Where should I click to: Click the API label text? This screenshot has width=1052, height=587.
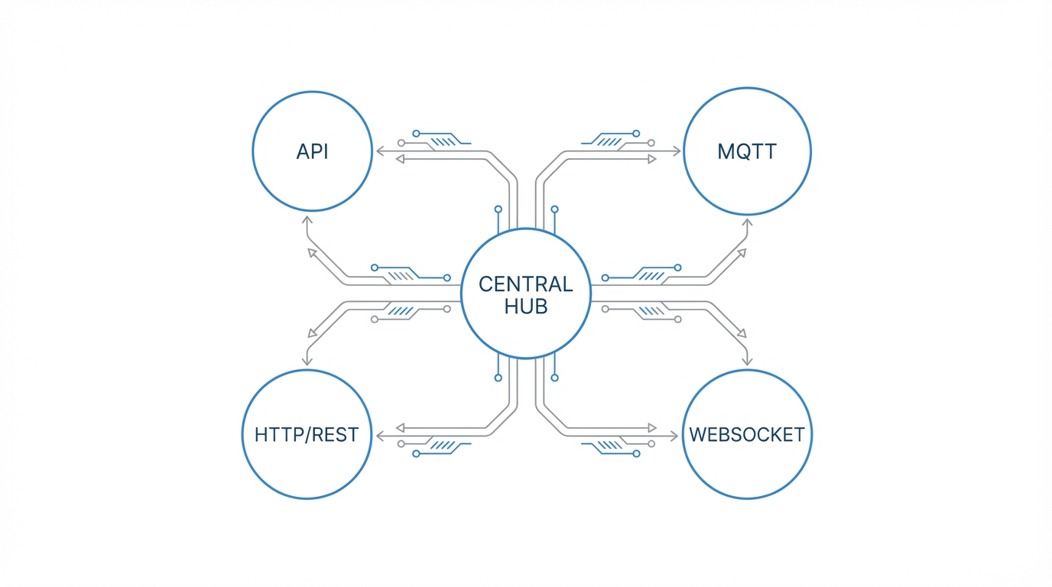click(x=312, y=151)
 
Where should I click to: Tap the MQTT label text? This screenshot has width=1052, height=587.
click(x=747, y=151)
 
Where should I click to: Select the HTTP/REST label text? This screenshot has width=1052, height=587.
click(x=307, y=435)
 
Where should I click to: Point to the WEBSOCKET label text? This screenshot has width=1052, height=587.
click(x=747, y=435)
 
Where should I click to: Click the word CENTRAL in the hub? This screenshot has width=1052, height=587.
click(x=526, y=284)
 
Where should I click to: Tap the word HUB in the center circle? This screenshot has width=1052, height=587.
click(x=526, y=306)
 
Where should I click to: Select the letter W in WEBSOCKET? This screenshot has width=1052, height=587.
click(x=697, y=435)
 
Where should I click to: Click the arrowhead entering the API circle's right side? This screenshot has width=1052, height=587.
click(x=378, y=151)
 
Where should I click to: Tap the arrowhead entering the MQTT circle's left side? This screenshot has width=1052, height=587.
click(x=677, y=151)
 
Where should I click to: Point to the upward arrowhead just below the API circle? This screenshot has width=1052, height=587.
click(x=307, y=220)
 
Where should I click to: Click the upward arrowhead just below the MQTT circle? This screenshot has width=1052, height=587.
click(x=748, y=222)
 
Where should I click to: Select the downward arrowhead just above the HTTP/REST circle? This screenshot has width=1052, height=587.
click(x=307, y=361)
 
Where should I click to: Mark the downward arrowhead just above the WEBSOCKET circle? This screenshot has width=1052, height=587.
click(x=748, y=361)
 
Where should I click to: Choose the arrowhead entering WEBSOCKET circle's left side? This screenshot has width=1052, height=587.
click(x=674, y=436)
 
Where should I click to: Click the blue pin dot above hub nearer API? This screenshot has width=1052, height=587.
click(x=498, y=209)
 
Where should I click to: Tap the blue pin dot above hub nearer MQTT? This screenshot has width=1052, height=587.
click(x=555, y=209)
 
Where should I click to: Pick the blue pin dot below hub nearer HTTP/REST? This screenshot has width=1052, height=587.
click(x=498, y=378)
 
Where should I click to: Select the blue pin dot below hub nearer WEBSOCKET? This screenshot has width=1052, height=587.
click(x=555, y=378)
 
